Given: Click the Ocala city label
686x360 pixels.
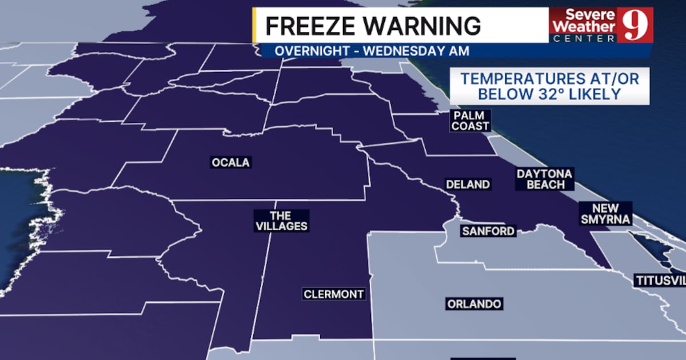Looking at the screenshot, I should (x=231, y=163).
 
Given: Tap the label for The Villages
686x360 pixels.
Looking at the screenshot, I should (x=281, y=221).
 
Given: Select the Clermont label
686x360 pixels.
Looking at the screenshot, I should (x=334, y=294).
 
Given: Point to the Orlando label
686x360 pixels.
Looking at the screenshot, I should (x=474, y=304).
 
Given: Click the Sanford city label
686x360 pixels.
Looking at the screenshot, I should (x=489, y=231).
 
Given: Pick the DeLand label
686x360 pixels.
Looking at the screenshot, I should (x=468, y=184).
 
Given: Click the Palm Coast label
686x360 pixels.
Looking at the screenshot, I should (x=470, y=121).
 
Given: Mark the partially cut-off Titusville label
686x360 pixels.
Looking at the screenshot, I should (x=659, y=281).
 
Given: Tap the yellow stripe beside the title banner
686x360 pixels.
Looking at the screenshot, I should (x=254, y=25).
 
